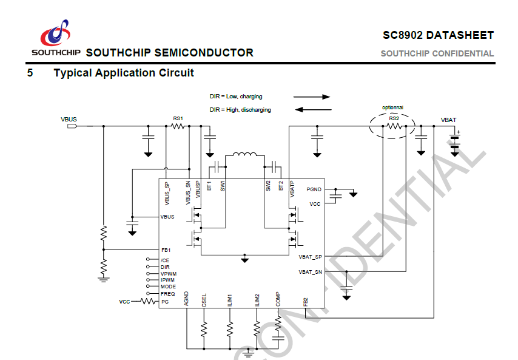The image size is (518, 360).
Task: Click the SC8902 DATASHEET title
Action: click(x=438, y=35)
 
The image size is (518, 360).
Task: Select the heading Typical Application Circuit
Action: click(x=124, y=73)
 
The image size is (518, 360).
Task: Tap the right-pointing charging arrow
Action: click(x=312, y=97)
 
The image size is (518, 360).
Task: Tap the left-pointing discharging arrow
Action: click(x=312, y=110)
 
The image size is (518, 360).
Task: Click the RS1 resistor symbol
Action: click(x=178, y=126)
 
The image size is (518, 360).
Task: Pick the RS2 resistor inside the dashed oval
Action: click(x=394, y=126)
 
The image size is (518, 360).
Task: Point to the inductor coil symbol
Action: click(x=245, y=157)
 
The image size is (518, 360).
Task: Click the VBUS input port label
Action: click(x=69, y=119)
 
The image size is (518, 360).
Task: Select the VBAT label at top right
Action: click(x=449, y=119)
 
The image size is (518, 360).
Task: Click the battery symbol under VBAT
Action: click(x=455, y=142)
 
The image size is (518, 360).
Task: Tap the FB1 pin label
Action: click(x=166, y=250)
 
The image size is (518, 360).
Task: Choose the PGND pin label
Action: click(x=314, y=190)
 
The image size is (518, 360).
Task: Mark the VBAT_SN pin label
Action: click(x=310, y=273)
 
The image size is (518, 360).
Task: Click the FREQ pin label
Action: click(x=167, y=294)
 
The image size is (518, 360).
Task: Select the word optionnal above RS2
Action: click(x=392, y=107)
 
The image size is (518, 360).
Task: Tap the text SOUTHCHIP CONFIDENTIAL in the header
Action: click(x=437, y=53)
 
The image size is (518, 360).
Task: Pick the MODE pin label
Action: click(x=168, y=287)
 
